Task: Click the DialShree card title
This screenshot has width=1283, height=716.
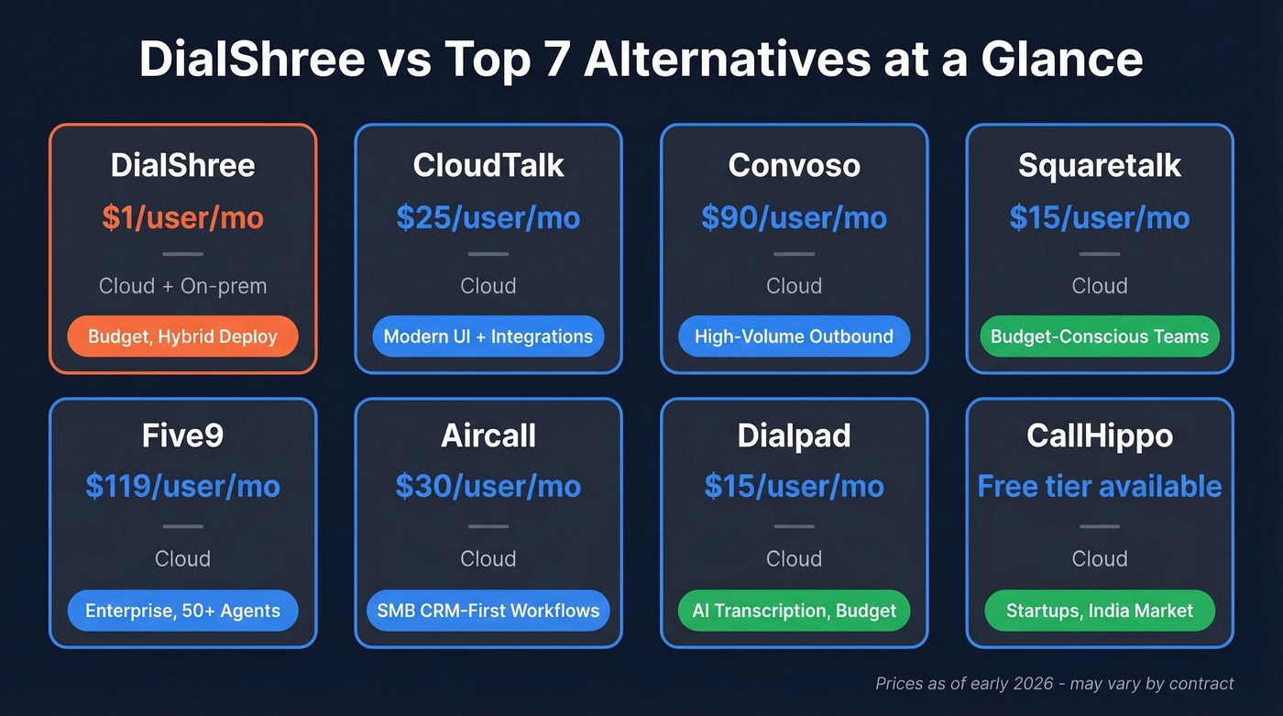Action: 182,166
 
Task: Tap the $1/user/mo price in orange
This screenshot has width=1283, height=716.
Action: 182,218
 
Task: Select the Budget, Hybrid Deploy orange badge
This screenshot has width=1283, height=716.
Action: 182,336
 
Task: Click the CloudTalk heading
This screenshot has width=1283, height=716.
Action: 488,166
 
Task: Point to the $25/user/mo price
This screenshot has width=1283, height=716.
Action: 488,218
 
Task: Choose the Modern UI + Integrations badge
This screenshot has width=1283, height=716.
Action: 488,336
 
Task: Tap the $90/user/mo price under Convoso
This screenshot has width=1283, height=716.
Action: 794,218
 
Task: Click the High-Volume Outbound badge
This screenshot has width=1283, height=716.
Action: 794,336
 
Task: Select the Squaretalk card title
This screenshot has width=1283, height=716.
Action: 1100,166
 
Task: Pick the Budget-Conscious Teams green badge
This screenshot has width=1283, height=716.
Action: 1100,336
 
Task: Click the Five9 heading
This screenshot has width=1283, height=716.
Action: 182,436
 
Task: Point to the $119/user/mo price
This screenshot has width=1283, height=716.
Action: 182,486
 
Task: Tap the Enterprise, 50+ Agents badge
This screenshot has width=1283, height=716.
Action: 182,611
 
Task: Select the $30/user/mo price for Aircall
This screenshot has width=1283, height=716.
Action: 488,486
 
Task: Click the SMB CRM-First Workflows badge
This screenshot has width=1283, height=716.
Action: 488,611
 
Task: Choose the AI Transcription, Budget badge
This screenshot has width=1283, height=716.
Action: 794,611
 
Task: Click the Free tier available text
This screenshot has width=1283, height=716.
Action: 1100,486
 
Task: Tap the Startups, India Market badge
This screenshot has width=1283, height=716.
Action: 1100,611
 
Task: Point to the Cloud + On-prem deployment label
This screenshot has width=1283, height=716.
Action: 182,286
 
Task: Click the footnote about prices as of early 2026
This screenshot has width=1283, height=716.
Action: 1054,684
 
